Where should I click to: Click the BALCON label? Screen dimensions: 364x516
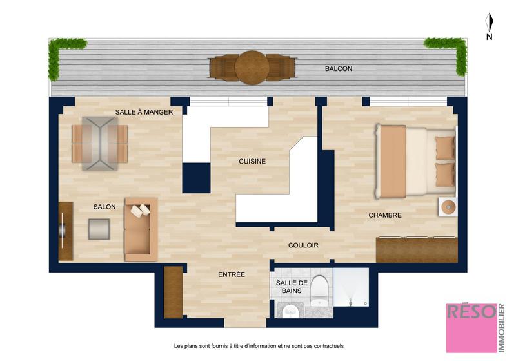(339, 68)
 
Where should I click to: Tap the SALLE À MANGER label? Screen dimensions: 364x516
(144, 112)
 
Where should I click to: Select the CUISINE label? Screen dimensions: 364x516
(252, 162)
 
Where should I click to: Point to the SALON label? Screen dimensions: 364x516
(104, 207)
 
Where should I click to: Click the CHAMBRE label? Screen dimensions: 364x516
(385, 215)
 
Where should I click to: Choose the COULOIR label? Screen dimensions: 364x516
(303, 245)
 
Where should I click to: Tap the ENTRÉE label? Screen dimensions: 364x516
(231, 274)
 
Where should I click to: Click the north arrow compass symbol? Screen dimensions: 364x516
(490, 24)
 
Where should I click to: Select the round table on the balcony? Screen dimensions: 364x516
(252, 68)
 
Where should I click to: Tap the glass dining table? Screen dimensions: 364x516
(99, 143)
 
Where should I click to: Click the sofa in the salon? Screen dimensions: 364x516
(141, 229)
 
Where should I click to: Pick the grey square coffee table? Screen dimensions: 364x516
(99, 229)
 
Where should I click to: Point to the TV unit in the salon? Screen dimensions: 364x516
(65, 231)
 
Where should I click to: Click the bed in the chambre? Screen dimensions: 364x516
(415, 161)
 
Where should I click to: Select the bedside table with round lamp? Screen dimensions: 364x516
(448, 207)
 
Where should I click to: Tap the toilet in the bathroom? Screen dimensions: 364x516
(320, 289)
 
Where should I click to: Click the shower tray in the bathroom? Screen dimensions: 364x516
(351, 287)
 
